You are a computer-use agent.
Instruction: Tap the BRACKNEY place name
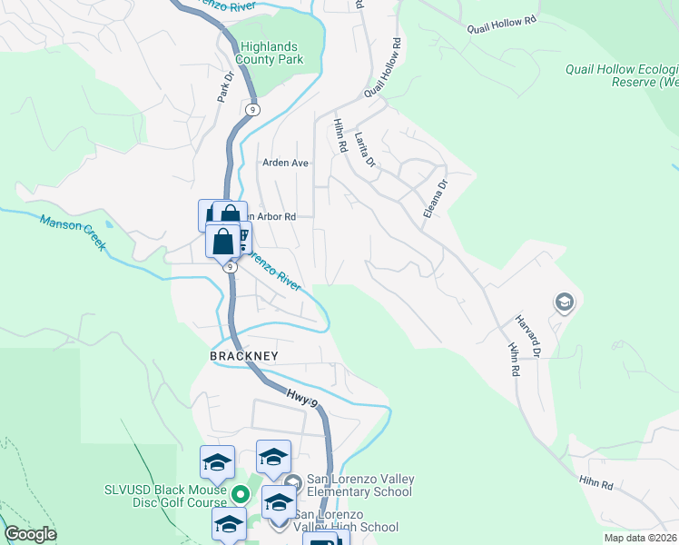243,357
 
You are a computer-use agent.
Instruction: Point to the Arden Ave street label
286,163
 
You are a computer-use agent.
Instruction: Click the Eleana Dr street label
437,197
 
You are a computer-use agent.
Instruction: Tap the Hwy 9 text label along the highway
302,397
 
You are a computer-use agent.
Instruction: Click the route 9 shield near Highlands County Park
252,109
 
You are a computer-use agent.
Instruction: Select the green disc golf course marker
241,495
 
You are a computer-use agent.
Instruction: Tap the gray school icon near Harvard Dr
564,302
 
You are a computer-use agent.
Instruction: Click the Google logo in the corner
31,534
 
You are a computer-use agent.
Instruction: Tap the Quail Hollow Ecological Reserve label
622,75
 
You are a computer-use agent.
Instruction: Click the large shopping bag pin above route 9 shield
222,242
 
